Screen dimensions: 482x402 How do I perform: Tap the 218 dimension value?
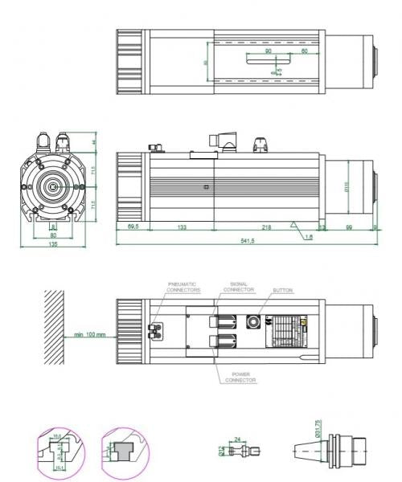click(x=265, y=228)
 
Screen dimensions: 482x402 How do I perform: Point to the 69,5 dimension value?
click(x=133, y=228)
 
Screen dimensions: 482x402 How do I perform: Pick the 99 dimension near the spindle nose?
click(x=350, y=228)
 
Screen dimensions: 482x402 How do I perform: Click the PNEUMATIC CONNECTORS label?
click(x=184, y=288)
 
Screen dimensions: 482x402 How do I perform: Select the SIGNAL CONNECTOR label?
click(x=242, y=286)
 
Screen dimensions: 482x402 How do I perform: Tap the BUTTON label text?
click(x=282, y=289)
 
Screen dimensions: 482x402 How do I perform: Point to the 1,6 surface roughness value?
click(x=309, y=236)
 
